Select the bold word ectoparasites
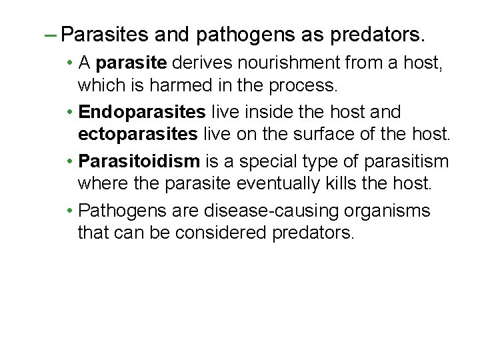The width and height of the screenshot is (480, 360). pos(137,134)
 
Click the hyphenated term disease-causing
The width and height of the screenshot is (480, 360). pos(274,211)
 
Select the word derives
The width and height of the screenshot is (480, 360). pos(199,63)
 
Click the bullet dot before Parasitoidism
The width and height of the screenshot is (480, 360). pos(70,162)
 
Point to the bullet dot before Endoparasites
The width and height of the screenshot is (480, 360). pos(70,112)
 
